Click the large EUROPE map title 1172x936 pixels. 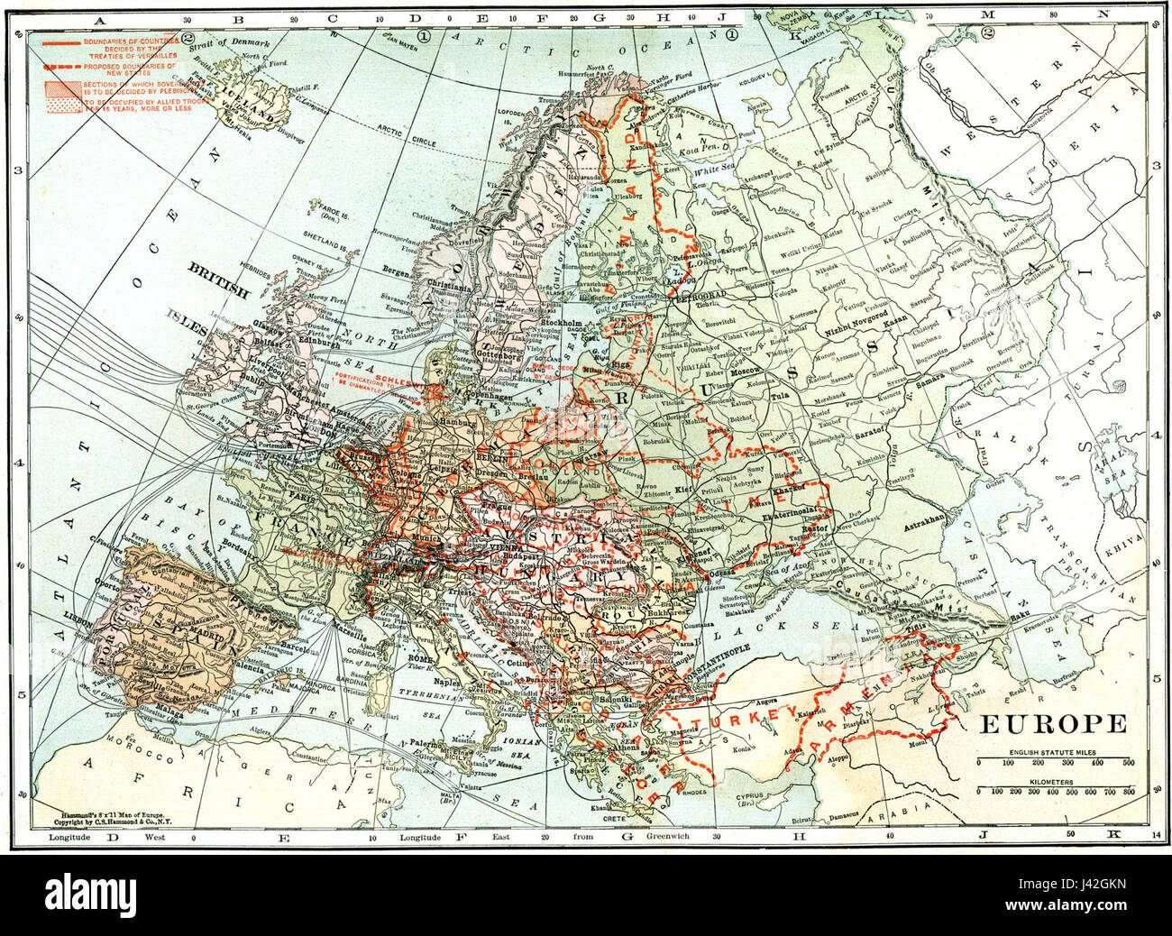tap(1052, 724)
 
